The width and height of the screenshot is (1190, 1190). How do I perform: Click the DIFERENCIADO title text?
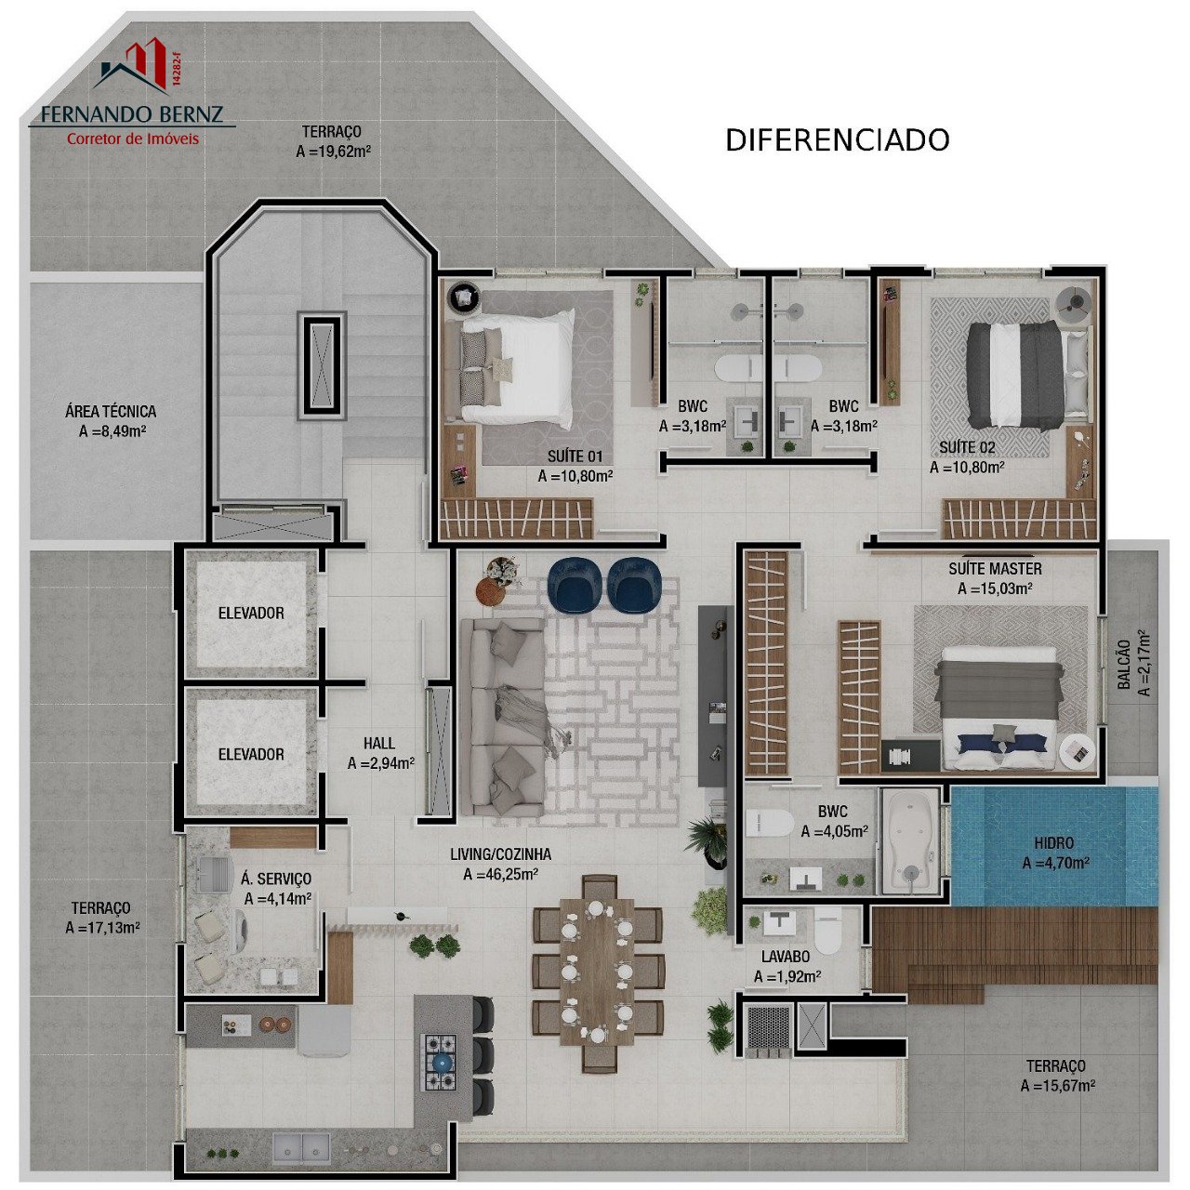pos(837,140)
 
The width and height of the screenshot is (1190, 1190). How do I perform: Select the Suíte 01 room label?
pos(575,456)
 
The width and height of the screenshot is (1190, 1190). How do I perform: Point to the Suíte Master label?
pos(995,568)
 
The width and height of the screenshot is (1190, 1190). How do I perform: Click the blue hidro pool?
pos(1053,845)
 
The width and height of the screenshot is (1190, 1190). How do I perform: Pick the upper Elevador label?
pos(251,614)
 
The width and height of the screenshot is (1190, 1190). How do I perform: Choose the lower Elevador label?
pos(251,754)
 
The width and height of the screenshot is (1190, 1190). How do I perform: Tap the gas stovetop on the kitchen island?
pos(439,1062)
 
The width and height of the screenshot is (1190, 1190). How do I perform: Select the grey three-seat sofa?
pos(502,717)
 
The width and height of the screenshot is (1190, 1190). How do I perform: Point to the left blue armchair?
pos(575,585)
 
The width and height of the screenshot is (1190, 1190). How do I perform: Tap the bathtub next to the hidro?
pos(910,841)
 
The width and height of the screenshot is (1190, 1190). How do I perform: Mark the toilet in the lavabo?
pos(827,932)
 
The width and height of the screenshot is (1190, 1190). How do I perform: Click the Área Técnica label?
pos(111,411)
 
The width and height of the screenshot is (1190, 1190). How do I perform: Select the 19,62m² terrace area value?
pos(333,152)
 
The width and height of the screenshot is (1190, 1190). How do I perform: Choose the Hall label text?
pos(378,744)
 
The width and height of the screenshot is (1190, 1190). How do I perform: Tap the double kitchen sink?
pos(302,1148)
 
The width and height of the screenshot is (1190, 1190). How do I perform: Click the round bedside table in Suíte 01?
pos(463,298)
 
